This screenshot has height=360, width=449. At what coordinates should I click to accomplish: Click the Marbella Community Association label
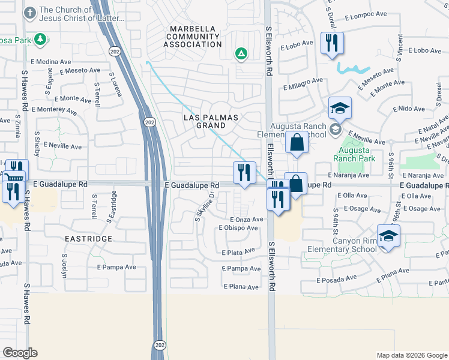tap(195, 37)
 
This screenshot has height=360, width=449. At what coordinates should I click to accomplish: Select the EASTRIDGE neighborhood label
tap(88, 239)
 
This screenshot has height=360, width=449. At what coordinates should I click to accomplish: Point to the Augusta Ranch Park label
tap(357, 154)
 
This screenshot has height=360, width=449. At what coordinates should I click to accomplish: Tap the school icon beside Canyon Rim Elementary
tap(388, 235)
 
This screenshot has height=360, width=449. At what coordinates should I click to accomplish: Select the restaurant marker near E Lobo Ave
tap(332, 44)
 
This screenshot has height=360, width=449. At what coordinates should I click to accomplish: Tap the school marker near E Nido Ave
tap(340, 108)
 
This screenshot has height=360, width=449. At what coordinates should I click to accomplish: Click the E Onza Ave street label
tap(246, 220)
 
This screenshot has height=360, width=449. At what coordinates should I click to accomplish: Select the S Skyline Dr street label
tap(204, 206)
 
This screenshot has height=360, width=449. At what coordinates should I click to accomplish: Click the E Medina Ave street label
tap(51, 62)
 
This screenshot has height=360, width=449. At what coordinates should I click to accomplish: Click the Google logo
tap(20, 353)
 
